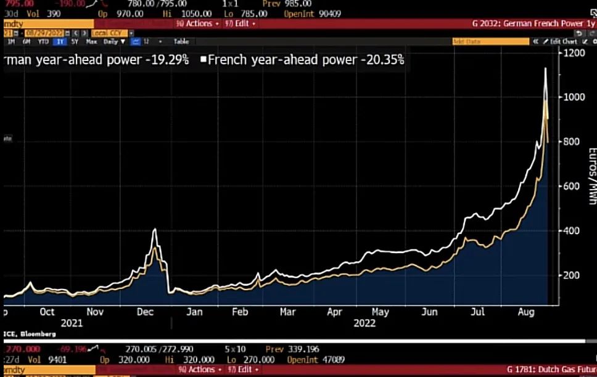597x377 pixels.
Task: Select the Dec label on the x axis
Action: coord(145,312)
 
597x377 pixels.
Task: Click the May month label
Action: coord(380,312)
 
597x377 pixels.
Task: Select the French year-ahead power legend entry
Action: coord(302,60)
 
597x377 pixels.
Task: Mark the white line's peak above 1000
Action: coord(545,68)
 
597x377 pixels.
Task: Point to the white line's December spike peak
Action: coord(154,230)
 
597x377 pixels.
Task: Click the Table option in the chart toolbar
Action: coord(181,41)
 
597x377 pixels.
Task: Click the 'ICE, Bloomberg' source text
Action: coord(29,334)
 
